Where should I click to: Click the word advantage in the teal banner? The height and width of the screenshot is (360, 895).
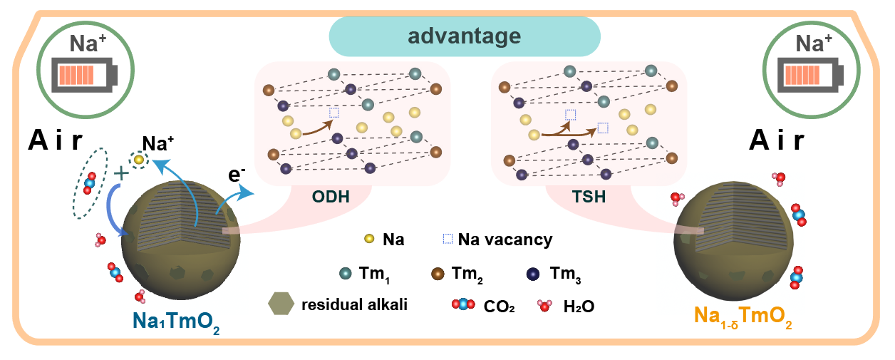pos(465,36)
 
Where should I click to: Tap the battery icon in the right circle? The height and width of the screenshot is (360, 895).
pos(808,75)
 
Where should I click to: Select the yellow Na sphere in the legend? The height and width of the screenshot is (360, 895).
pos(369,239)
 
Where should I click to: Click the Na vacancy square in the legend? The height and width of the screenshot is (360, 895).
pos(447,239)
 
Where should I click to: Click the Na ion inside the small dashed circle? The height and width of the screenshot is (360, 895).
pos(139,160)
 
